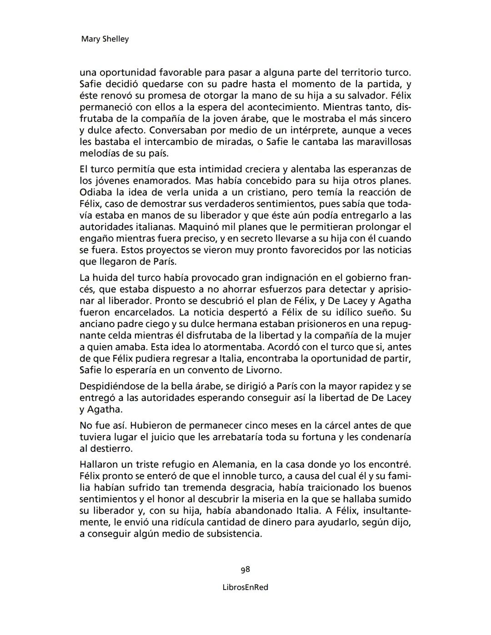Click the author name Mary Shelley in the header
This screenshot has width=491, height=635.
105,39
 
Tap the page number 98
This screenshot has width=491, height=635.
245,569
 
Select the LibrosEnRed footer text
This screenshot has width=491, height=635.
245,587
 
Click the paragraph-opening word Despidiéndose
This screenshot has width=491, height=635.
111,386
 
